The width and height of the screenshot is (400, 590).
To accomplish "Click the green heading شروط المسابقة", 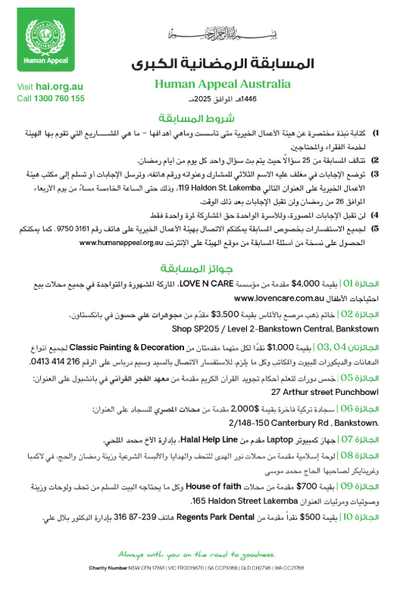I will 206,118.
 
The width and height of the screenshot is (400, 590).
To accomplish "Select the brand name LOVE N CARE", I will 230,284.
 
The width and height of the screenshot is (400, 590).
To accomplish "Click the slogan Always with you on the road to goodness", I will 206,554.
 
